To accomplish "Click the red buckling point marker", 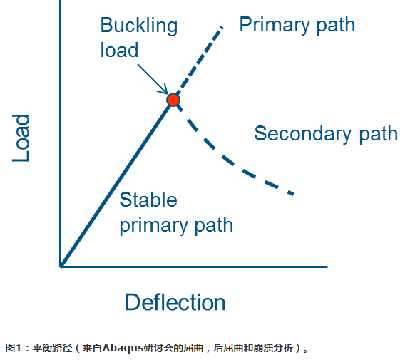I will coord(173,100).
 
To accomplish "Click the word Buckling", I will coord(138,26).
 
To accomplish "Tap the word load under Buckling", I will coord(119,51).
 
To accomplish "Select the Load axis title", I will coord(22,138).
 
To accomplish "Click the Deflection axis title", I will coord(175,302).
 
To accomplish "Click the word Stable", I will coord(148,200).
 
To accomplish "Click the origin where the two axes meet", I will coord(61,267).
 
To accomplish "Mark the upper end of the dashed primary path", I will coord(222,27).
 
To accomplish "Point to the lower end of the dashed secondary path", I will coord(292,193).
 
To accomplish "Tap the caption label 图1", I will coord(14,349).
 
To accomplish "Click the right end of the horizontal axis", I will coord(326,267).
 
